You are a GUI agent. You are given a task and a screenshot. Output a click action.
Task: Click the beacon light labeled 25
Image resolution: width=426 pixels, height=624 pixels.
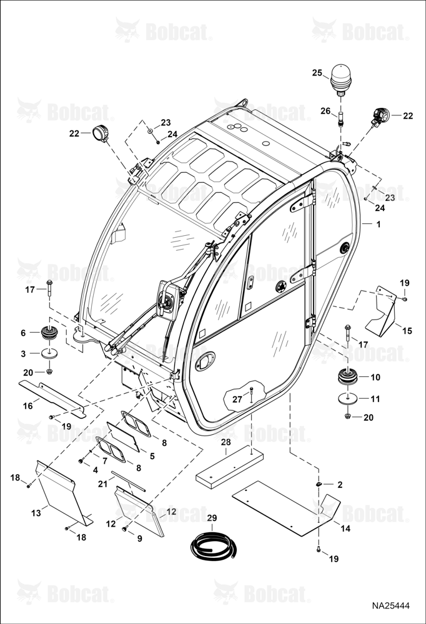tap(340, 80)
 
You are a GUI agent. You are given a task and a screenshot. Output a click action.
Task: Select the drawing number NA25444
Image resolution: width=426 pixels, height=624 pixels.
tap(391, 606)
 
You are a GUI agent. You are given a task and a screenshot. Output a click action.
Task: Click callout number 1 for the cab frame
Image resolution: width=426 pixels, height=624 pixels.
tap(378, 225)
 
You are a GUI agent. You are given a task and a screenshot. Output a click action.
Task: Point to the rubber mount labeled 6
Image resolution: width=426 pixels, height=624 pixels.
tap(50, 333)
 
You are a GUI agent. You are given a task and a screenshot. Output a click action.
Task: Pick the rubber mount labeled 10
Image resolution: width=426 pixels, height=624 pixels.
tap(347, 377)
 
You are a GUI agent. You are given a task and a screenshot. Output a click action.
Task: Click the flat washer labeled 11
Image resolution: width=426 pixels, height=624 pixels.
tap(347, 398)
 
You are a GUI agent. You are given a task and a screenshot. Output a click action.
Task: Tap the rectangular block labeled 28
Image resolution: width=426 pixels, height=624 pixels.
tap(229, 467)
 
